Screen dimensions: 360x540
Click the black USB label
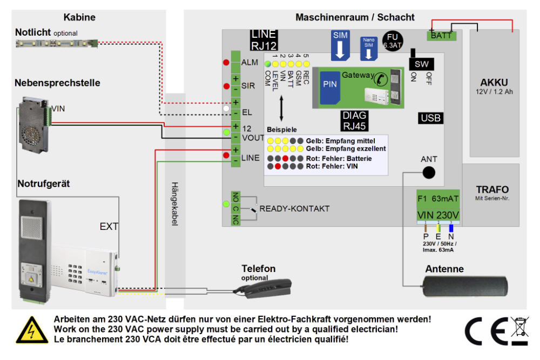(430, 118)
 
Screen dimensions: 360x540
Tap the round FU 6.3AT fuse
(390, 41)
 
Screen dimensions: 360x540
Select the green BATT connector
(441, 36)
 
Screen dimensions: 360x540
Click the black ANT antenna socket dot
(428, 172)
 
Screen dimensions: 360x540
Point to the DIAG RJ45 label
(354, 121)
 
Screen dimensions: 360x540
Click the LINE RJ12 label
(264, 39)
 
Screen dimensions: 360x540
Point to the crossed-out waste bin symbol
(519, 330)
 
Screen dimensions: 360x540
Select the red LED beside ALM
(226, 63)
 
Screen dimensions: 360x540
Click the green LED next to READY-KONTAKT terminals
(226, 204)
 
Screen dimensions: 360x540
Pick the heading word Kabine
(79, 17)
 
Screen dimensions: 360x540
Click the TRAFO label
(492, 190)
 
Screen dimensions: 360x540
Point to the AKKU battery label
(494, 83)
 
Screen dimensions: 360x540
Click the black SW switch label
(421, 64)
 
